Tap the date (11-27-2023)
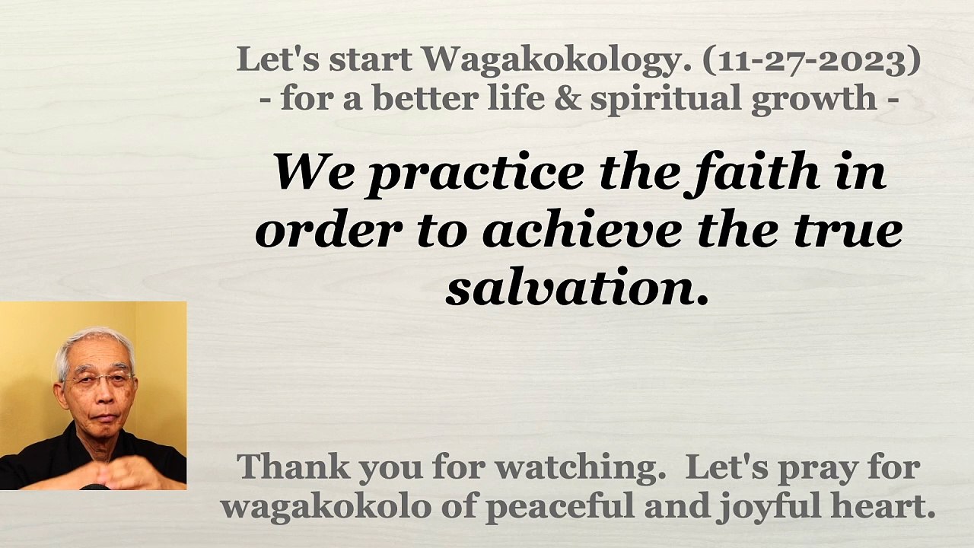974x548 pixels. [x=811, y=61]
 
